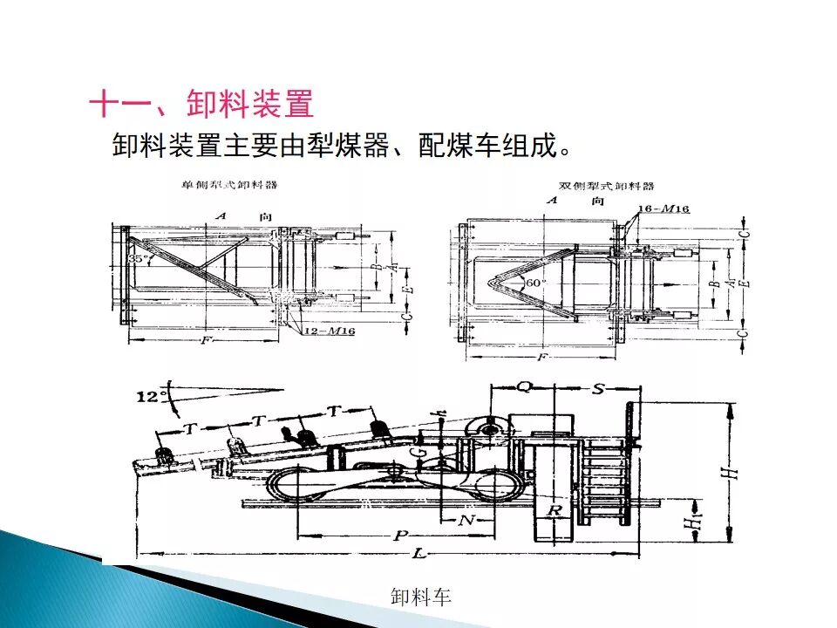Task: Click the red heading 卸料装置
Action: [250, 106]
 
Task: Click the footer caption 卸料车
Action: [421, 597]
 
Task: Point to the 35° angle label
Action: [137, 259]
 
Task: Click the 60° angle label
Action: [534, 283]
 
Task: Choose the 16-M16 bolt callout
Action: [663, 209]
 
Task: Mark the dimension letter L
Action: [420, 554]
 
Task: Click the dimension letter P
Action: [400, 536]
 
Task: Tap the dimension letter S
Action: [598, 388]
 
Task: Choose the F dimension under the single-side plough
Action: [206, 340]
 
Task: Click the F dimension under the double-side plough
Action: [543, 357]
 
